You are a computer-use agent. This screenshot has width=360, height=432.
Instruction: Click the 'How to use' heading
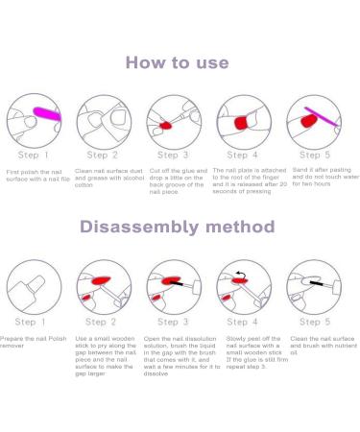(x=178, y=62)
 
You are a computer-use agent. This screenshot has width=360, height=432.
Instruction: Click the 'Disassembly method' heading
(x=178, y=227)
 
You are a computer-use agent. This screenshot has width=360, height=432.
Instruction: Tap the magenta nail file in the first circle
(x=47, y=114)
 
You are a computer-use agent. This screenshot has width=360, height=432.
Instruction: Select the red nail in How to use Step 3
(x=166, y=125)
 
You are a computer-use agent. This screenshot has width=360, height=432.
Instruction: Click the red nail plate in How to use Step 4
(x=242, y=123)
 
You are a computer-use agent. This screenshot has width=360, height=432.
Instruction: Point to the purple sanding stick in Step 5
(x=322, y=117)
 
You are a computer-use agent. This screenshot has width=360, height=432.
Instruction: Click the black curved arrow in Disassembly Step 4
(x=241, y=275)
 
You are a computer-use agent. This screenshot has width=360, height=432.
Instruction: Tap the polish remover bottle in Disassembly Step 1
(x=27, y=291)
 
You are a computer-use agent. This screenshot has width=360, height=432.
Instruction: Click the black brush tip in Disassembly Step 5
(x=317, y=283)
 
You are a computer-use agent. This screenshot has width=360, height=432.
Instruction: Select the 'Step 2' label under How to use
(x=103, y=156)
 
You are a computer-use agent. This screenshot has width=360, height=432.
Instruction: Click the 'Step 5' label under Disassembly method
(x=315, y=322)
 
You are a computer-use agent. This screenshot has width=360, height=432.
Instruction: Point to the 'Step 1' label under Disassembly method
(x=30, y=322)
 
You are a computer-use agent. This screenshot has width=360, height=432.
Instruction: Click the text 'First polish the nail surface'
(x=34, y=176)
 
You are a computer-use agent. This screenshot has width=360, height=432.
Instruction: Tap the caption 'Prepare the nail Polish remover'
(x=33, y=342)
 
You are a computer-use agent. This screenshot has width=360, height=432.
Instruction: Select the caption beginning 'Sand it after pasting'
(x=325, y=177)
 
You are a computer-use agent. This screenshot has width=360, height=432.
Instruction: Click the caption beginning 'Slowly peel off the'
(x=257, y=352)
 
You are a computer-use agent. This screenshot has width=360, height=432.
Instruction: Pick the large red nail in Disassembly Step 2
(x=101, y=281)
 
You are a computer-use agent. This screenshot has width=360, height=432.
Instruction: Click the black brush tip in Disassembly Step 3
(x=177, y=283)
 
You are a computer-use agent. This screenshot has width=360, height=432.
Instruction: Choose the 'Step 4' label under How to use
(x=242, y=156)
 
